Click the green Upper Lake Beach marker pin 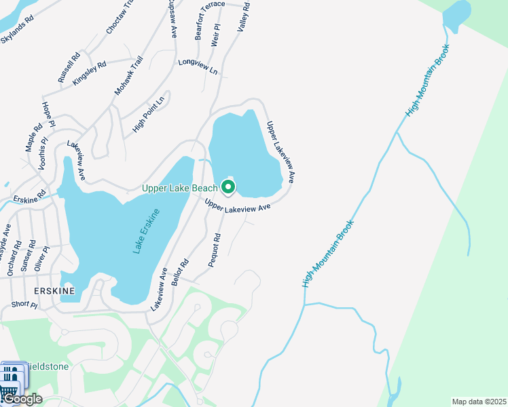point(229,187)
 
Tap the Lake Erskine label point(147,232)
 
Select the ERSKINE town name point(32,288)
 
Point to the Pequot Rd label point(216,250)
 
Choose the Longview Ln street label point(198,66)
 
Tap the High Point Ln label point(149,115)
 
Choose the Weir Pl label point(216,35)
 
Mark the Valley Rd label point(243,18)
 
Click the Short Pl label point(24,305)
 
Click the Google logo point(23,399)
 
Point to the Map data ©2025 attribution point(478,402)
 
